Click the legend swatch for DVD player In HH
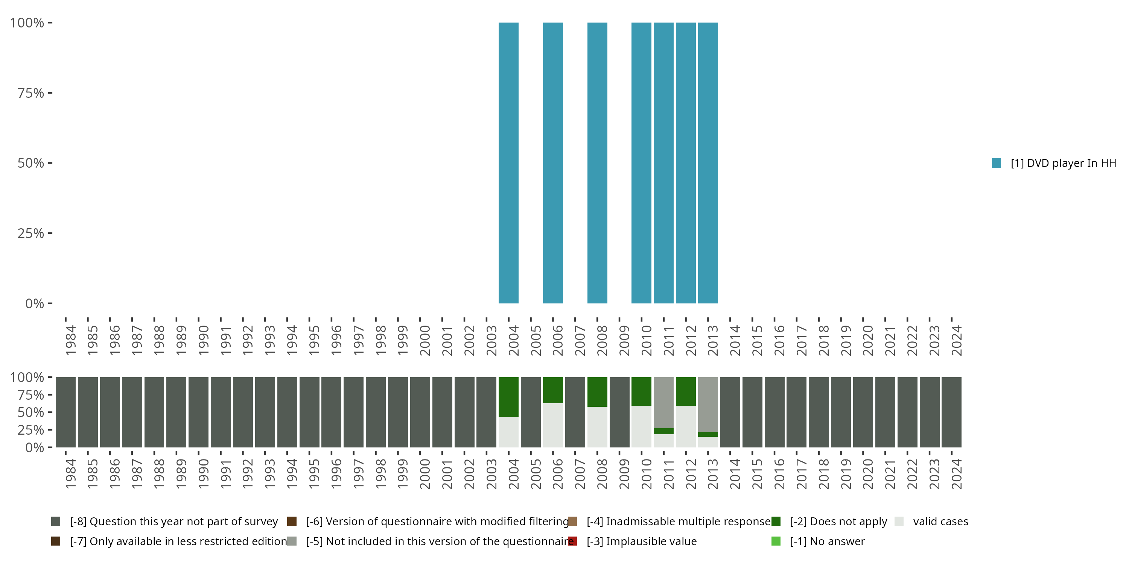[x=996, y=163]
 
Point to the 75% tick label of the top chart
[x=31, y=93]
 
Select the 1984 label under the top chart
[x=70, y=340]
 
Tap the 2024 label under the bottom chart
[x=956, y=474]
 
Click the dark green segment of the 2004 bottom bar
[x=508, y=397]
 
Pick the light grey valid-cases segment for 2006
[x=553, y=425]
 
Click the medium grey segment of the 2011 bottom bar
[x=663, y=402]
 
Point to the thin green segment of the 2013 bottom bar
[x=708, y=434]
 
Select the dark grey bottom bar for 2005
[x=531, y=412]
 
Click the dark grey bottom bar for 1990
[x=199, y=412]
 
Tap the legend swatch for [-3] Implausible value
[x=572, y=541]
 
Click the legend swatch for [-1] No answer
[x=776, y=541]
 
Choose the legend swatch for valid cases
[x=899, y=522]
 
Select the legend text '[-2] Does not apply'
[x=838, y=522]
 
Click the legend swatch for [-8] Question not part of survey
[x=56, y=522]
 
